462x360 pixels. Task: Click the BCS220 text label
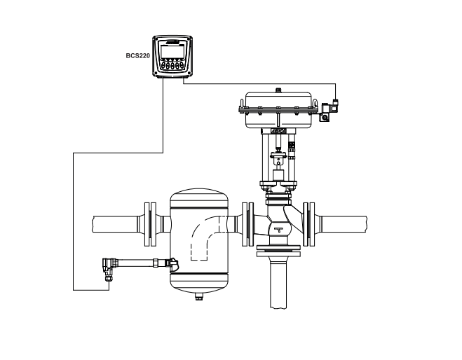point(137,55)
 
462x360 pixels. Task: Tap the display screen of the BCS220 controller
point(172,52)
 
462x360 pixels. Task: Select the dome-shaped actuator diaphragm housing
point(278,110)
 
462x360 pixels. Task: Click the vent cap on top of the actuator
point(278,90)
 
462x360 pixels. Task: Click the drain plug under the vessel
point(199,296)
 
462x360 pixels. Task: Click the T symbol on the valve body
point(278,230)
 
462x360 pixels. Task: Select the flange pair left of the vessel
point(150,224)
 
